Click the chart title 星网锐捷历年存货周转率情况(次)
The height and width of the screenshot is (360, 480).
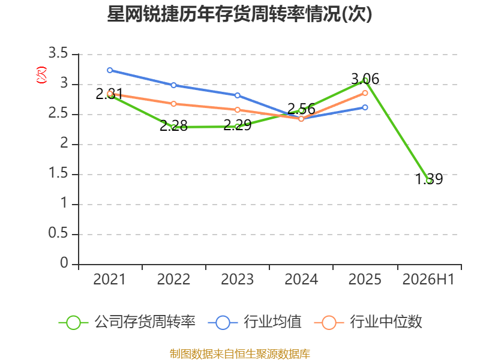pyautogui.click(x=239, y=14)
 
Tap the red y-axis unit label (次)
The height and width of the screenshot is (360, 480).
pyautogui.click(x=41, y=75)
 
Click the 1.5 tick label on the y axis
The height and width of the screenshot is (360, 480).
pyautogui.click(x=58, y=173)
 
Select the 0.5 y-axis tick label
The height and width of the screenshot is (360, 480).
pyautogui.click(x=58, y=233)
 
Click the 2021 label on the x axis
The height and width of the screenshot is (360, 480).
pyautogui.click(x=109, y=279)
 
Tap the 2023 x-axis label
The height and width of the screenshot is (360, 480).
pyautogui.click(x=237, y=279)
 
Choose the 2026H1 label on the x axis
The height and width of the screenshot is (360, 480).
pyautogui.click(x=428, y=279)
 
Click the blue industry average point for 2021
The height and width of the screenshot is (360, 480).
pyautogui.click(x=110, y=70)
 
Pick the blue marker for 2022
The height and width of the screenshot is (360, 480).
pyautogui.click(x=173, y=85)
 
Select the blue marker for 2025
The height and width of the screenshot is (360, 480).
pyautogui.click(x=365, y=107)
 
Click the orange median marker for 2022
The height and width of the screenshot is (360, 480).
pyautogui.click(x=173, y=104)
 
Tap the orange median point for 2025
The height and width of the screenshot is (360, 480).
pyautogui.click(x=365, y=93)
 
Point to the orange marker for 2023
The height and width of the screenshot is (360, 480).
pyautogui.click(x=237, y=110)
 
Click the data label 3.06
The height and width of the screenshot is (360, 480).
pyautogui.click(x=365, y=79)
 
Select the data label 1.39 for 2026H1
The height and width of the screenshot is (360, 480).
pyautogui.click(x=429, y=179)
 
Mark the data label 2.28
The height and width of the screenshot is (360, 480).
pyautogui.click(x=173, y=126)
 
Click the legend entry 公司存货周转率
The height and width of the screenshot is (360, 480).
pyautogui.click(x=127, y=322)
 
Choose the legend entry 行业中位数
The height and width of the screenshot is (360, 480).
pyautogui.click(x=368, y=322)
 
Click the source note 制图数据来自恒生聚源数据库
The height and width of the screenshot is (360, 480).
pyautogui.click(x=240, y=353)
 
